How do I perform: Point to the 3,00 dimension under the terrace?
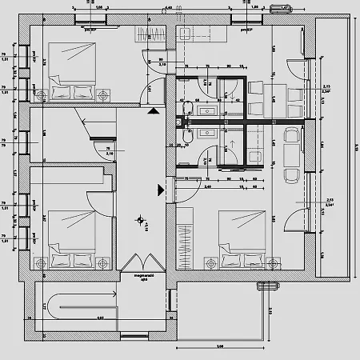220,346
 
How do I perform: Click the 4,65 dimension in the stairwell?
78,318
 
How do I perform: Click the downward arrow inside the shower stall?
232,98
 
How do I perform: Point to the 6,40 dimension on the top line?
168,7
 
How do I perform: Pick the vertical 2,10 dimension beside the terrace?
270,310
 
